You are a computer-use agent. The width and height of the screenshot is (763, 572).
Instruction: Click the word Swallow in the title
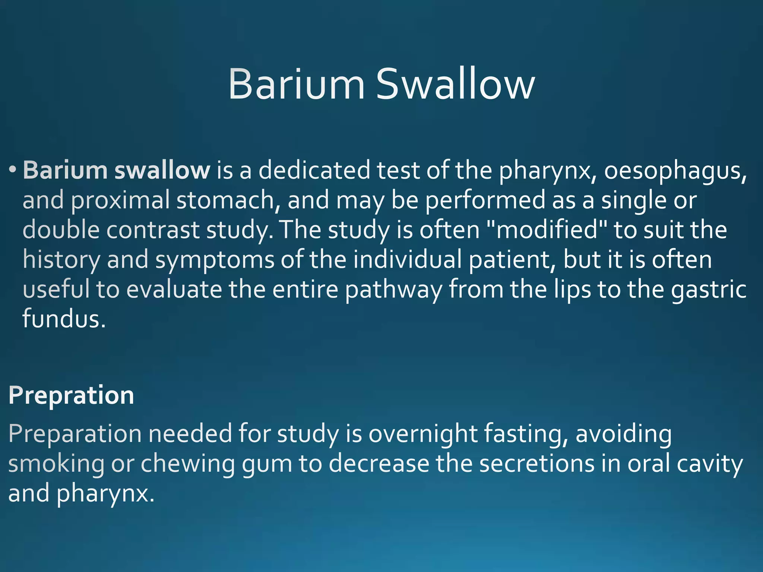(x=455, y=85)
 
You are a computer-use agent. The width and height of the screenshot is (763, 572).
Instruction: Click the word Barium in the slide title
(x=296, y=85)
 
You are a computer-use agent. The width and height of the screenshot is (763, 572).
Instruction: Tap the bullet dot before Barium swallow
(x=13, y=169)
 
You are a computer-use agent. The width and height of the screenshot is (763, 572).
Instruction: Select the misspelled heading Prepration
(x=71, y=395)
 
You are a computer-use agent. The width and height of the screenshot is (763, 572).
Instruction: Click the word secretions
(x=537, y=464)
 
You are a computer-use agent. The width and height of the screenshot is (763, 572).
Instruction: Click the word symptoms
(x=215, y=260)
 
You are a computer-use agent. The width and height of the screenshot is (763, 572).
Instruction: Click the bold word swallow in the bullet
(x=162, y=170)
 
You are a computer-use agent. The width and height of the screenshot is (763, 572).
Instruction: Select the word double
(x=61, y=230)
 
